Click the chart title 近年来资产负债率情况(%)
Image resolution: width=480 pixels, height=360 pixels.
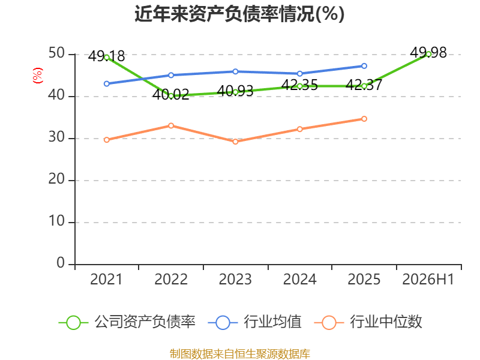click(x=239, y=14)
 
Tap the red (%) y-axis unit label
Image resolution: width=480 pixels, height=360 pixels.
click(x=38, y=76)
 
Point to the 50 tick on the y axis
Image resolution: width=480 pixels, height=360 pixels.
click(x=56, y=53)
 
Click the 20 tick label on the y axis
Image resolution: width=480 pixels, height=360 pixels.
click(x=56, y=179)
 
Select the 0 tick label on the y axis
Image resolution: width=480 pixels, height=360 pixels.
click(x=61, y=263)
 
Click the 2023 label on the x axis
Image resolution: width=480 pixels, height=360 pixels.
click(x=235, y=279)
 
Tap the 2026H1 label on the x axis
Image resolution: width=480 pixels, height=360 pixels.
click(x=428, y=279)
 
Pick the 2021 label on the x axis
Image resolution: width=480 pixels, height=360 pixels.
click(x=106, y=279)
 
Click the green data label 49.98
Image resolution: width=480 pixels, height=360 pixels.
click(x=428, y=53)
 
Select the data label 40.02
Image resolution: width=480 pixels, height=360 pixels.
click(x=171, y=95)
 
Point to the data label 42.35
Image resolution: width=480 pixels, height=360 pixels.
click(x=299, y=85)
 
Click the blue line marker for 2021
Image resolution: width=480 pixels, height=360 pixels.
click(x=107, y=83)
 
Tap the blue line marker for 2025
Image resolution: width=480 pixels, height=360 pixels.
click(x=364, y=66)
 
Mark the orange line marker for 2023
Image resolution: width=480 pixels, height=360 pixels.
click(x=235, y=142)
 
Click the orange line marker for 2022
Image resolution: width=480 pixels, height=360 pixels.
click(x=171, y=125)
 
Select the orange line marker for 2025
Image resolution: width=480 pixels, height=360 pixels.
click(x=364, y=118)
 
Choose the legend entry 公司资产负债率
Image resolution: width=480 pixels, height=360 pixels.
click(x=127, y=322)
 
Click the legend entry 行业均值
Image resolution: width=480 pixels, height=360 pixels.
click(x=254, y=322)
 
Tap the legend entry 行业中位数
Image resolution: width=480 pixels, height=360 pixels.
click(x=368, y=322)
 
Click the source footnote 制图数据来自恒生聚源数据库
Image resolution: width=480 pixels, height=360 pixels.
click(x=240, y=354)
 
